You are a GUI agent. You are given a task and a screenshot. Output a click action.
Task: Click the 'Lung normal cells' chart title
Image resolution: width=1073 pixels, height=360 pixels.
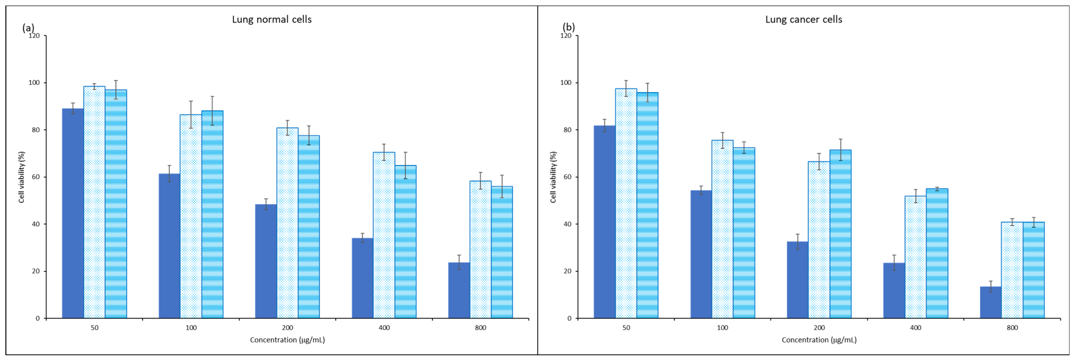(x=272, y=20)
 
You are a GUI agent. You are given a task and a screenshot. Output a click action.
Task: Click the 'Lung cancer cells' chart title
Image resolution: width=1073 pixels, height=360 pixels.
(x=804, y=20)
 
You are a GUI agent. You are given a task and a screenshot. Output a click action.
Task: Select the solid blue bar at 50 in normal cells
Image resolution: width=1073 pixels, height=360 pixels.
(x=73, y=213)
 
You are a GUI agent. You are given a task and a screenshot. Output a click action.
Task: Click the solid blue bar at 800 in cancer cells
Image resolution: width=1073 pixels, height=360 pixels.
(x=991, y=302)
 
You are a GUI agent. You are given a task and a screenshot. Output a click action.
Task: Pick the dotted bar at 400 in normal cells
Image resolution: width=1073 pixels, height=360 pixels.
(x=384, y=235)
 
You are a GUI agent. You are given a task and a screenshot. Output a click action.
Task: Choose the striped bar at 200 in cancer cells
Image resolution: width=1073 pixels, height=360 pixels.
(x=840, y=234)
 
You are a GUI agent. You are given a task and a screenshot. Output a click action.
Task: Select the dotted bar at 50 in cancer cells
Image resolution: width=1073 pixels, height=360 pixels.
(x=626, y=203)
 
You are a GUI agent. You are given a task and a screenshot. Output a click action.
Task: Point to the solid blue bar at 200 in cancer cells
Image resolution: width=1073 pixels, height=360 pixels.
(x=798, y=280)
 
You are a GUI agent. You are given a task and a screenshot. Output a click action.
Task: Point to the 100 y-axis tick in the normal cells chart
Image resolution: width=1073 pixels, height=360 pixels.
(x=34, y=82)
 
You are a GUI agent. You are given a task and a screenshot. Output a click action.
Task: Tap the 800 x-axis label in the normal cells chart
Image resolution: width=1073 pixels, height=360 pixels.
(x=480, y=328)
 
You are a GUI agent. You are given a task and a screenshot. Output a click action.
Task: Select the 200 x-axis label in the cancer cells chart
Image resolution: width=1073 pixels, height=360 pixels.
(x=819, y=328)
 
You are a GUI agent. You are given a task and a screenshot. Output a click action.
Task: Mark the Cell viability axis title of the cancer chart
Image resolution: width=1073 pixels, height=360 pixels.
(x=553, y=177)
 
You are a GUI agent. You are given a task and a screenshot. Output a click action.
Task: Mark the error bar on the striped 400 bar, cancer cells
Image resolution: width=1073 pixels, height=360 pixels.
(x=937, y=189)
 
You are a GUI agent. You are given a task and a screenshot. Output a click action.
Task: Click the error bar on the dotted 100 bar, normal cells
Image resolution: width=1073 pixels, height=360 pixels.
(x=191, y=115)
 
